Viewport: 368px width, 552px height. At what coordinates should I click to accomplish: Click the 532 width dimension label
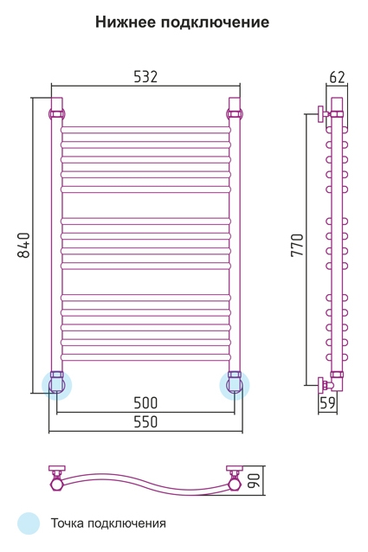(145, 76)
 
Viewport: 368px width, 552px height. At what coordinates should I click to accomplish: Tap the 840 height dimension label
(24, 245)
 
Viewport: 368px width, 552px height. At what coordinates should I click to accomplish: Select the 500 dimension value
(145, 402)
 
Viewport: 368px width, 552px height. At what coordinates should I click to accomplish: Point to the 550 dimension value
(145, 421)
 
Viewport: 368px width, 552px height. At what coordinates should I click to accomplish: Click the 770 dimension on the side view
(297, 245)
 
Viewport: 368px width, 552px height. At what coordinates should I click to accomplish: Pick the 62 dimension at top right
(337, 77)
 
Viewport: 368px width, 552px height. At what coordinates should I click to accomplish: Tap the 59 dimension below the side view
(327, 402)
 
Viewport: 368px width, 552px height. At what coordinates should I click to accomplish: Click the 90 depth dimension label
(255, 480)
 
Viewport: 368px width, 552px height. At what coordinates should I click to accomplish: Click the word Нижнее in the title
(126, 22)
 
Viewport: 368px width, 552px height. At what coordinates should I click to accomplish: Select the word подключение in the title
(216, 22)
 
